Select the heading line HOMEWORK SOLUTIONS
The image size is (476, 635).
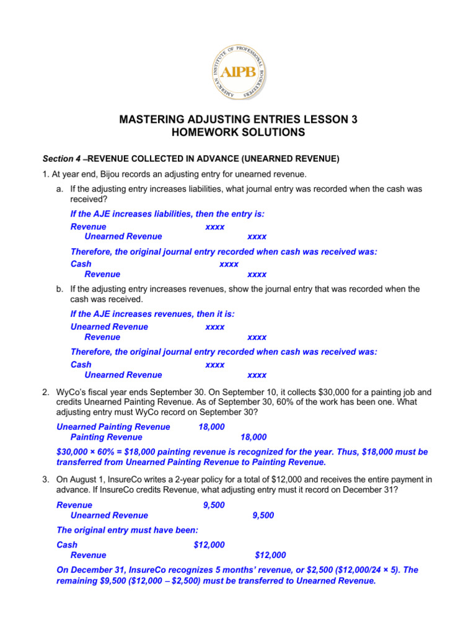click(x=238, y=133)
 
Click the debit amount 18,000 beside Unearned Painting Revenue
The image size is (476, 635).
click(x=211, y=427)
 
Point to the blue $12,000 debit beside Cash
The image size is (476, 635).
click(x=209, y=544)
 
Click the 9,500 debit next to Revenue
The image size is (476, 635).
click(x=213, y=505)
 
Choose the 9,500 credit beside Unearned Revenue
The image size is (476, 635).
click(x=263, y=515)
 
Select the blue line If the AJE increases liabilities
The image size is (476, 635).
click(x=167, y=214)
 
